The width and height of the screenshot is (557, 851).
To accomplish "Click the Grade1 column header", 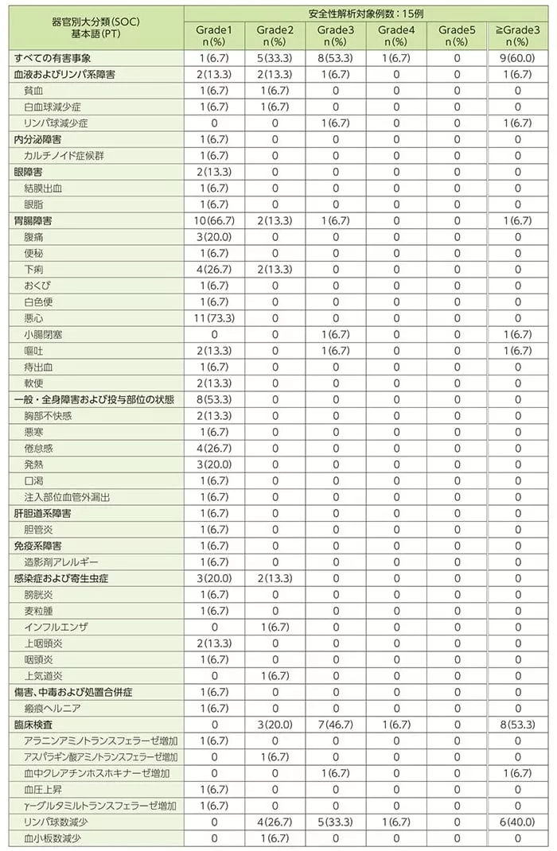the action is tap(214, 35).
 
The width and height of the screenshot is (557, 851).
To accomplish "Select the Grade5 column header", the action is tap(456, 35).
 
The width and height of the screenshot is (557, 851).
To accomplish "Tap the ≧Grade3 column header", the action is tap(517, 35).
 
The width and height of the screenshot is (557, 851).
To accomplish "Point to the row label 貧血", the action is tap(34, 91).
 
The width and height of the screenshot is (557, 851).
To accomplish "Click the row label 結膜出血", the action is tap(44, 188).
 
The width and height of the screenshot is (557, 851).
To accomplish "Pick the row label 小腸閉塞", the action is tap(44, 334).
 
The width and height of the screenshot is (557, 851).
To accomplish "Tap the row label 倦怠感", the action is tap(39, 448).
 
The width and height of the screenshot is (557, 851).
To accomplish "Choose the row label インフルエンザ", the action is tap(53, 627).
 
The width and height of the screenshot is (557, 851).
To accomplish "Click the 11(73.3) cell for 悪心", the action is tap(214, 317).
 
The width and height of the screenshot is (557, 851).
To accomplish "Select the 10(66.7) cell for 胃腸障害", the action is tap(214, 220).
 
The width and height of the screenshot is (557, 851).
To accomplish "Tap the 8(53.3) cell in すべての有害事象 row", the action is tap(335, 58).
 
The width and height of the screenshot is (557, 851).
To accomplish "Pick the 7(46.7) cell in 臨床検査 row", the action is tap(335, 724).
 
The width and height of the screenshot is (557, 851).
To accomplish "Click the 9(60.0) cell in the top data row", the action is tap(517, 58).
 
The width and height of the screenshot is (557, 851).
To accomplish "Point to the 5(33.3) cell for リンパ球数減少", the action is tap(335, 822).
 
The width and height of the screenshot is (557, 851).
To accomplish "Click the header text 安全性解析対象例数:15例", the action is tap(364, 13).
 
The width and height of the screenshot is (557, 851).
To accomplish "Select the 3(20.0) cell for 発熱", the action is tap(214, 464).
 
